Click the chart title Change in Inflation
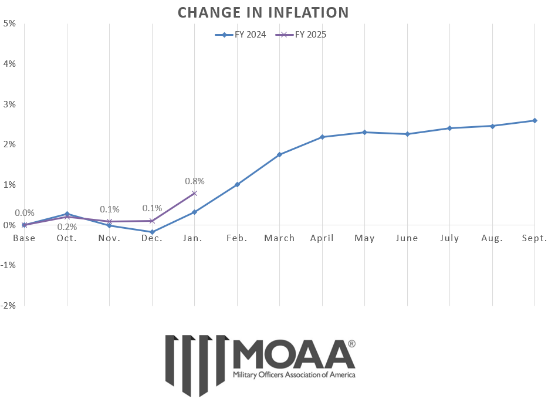pyautogui.click(x=263, y=12)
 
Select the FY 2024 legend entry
pyautogui.click(x=241, y=35)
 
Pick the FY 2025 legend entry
pyautogui.click(x=303, y=35)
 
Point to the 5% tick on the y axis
pyautogui.click(x=9, y=23)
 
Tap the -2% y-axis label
pyautogui.click(x=8, y=305)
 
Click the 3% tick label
pyautogui.click(x=9, y=104)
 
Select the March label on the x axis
pyautogui.click(x=279, y=238)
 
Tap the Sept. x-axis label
pyautogui.click(x=535, y=238)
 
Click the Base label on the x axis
pyautogui.click(x=24, y=238)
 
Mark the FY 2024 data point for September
pyautogui.click(x=535, y=120)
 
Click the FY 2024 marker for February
pyautogui.click(x=237, y=184)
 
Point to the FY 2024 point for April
pyautogui.click(x=322, y=137)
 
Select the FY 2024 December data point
pyautogui.click(x=152, y=232)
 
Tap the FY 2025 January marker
pyautogui.click(x=194, y=193)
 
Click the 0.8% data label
pyautogui.click(x=194, y=181)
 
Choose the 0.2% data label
pyautogui.click(x=67, y=227)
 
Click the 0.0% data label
pyautogui.click(x=24, y=213)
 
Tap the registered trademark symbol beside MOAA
pyautogui.click(x=351, y=344)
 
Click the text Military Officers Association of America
pyautogui.click(x=294, y=374)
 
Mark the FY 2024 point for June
pyautogui.click(x=407, y=134)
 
